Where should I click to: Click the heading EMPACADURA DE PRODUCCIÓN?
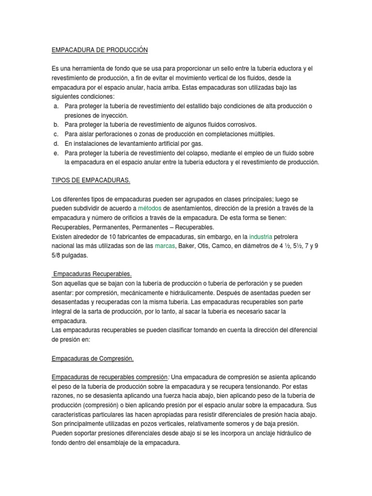tap(99, 50)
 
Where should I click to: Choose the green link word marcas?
tap(165, 246)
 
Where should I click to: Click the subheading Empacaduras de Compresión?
tap(92, 358)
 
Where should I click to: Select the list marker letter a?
tap(56, 106)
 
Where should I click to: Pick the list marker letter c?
tap(56, 134)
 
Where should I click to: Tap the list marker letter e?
tap(56, 153)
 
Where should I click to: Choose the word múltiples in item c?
tap(261, 134)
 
